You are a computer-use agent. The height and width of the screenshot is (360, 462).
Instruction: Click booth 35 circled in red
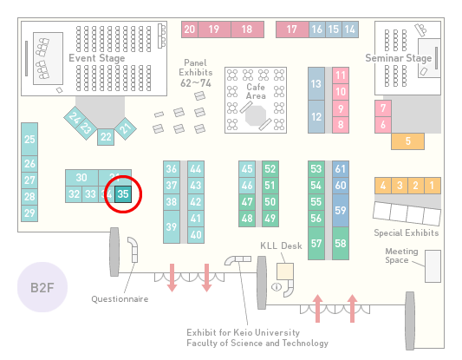click(123, 194)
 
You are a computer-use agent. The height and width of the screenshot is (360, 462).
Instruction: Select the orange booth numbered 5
click(407, 141)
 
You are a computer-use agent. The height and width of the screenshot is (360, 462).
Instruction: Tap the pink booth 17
click(292, 29)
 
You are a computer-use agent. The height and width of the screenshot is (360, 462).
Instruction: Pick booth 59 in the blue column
click(341, 210)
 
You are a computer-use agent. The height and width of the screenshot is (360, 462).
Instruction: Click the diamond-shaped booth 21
click(126, 128)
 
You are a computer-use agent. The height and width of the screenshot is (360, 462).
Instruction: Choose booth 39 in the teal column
click(172, 226)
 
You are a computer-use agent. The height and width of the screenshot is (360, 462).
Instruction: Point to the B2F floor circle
click(42, 287)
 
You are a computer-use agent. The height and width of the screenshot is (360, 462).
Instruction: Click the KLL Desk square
click(285, 272)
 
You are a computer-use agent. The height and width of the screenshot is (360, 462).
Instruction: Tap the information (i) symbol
click(277, 286)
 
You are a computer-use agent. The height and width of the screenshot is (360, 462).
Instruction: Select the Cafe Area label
click(256, 91)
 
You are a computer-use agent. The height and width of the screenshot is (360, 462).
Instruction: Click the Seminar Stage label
click(399, 58)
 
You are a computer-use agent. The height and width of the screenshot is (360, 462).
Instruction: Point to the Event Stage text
click(96, 58)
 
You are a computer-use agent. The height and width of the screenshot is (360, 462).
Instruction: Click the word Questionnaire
click(120, 299)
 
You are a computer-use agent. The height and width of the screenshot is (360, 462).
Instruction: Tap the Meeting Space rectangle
click(433, 266)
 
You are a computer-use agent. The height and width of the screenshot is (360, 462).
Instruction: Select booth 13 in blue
click(316, 84)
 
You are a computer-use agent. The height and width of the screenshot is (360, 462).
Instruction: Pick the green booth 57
click(316, 243)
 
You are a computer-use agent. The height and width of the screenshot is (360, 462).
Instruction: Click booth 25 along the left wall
click(29, 139)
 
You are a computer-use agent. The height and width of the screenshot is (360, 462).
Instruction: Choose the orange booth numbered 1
click(433, 186)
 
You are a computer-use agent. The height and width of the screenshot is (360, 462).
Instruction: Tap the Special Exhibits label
click(407, 233)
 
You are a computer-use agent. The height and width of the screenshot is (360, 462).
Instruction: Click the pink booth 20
click(190, 29)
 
